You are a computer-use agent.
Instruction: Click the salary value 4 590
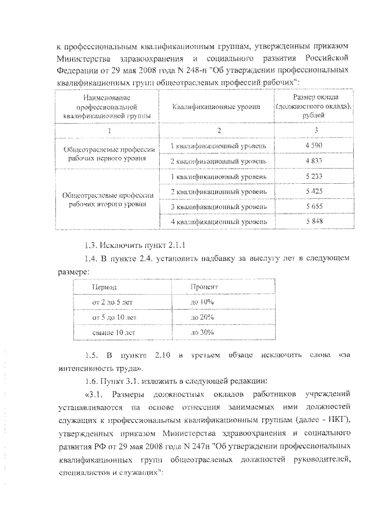314,144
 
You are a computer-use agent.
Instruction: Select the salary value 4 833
314,160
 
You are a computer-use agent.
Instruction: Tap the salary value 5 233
314,176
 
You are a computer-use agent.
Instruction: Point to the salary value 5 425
314,191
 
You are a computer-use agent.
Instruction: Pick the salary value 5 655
314,207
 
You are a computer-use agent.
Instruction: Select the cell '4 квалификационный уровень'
218,222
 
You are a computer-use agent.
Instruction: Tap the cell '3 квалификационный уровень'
218,207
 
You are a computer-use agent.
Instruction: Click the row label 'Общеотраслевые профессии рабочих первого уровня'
110,153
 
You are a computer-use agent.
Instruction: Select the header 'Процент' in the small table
204,288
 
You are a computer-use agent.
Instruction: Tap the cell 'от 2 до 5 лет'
114,303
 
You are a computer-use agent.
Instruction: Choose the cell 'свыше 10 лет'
114,332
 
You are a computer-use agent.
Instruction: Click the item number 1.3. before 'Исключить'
93,243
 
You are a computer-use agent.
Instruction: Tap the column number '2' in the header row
218,130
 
